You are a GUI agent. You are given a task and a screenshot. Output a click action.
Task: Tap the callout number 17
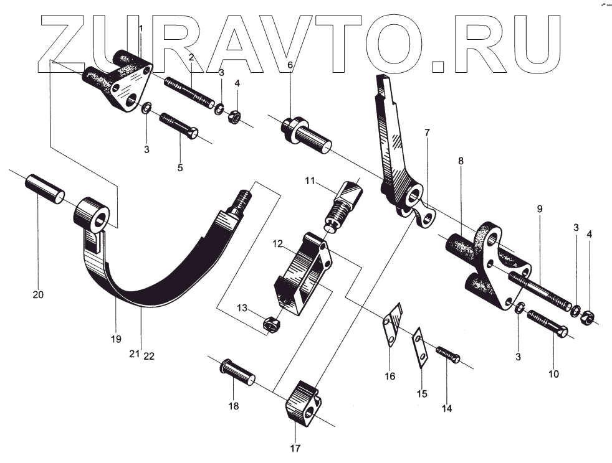pyautogui.click(x=294, y=447)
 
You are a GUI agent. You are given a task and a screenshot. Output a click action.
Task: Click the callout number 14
pyautogui.click(x=447, y=408)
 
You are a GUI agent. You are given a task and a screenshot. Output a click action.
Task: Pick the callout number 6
pyautogui.click(x=290, y=65)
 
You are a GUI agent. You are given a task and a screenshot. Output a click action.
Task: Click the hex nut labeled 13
pyautogui.click(x=271, y=322)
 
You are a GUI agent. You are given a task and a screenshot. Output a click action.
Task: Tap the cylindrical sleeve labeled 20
pyautogui.click(x=45, y=189)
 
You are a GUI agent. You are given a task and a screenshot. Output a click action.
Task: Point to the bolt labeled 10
pyautogui.click(x=547, y=325)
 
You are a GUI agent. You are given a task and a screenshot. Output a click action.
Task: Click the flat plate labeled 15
pyautogui.click(x=421, y=350)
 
